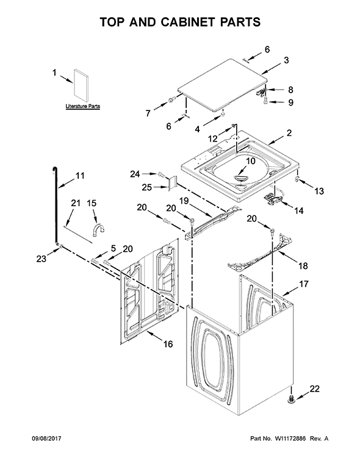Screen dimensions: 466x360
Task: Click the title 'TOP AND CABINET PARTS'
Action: coord(179,22)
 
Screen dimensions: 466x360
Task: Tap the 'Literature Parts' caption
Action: coord(82,106)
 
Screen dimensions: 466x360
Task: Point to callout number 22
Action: coord(315,389)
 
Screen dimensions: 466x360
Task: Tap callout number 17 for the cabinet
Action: coord(303,284)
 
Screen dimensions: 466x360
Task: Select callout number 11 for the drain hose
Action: coord(80,176)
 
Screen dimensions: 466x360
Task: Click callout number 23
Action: coord(41,258)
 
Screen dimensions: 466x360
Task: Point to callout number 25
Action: coord(147,186)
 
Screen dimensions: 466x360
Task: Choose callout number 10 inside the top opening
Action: coord(250,161)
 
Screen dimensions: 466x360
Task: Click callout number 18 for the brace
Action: coord(302,265)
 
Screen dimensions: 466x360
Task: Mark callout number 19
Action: coord(183,200)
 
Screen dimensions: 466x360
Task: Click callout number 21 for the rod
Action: coord(76,203)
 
